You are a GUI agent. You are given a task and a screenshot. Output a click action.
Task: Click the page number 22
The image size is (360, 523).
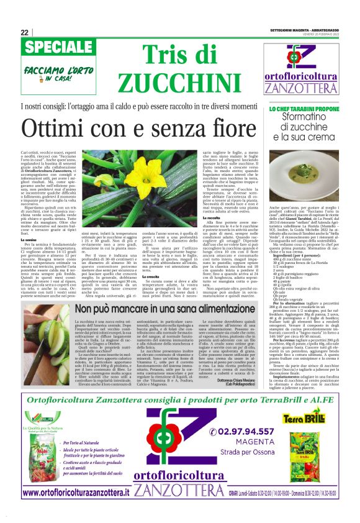coord(24,32)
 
